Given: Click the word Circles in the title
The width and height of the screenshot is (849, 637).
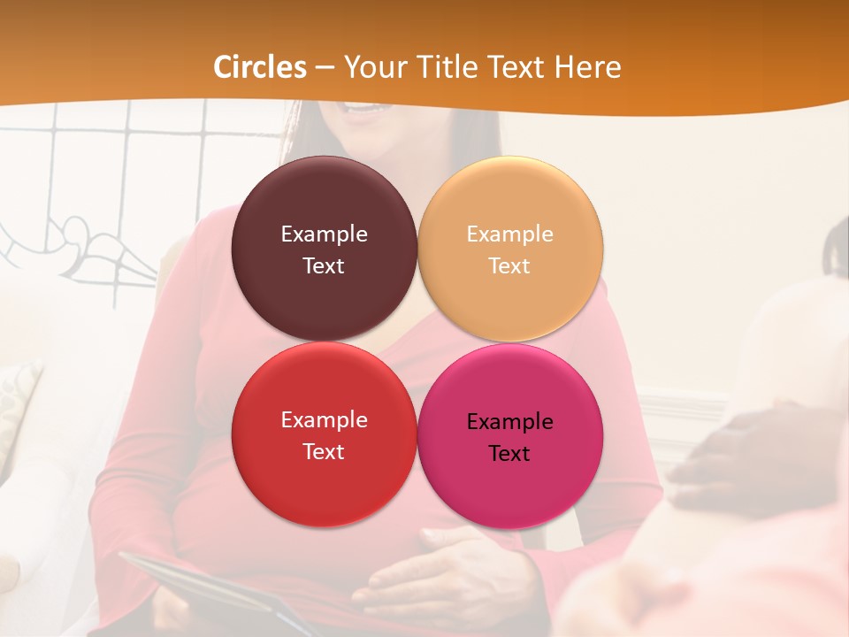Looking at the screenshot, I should point(259,67).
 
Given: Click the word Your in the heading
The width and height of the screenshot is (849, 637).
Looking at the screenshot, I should point(377,67).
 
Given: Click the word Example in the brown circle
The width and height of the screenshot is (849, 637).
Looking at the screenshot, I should point(324,234).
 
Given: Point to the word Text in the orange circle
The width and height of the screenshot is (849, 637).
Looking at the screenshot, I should point(509,266).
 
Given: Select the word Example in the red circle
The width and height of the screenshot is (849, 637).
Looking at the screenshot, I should point(324,420).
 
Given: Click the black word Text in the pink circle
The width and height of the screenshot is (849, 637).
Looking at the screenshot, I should point(509,454).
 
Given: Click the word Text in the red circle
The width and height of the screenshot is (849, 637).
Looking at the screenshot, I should point(324,452).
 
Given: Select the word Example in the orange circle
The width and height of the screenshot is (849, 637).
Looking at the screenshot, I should point(509,234).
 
